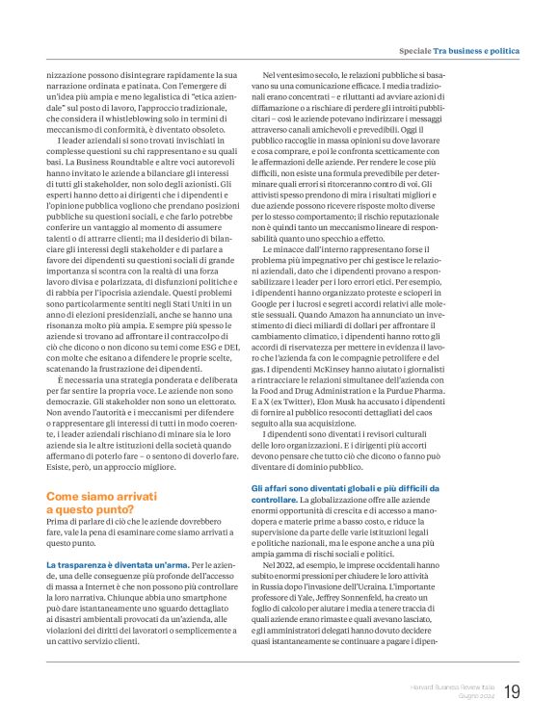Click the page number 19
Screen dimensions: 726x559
click(x=511, y=690)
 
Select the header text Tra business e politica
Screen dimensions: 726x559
click(x=476, y=49)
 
